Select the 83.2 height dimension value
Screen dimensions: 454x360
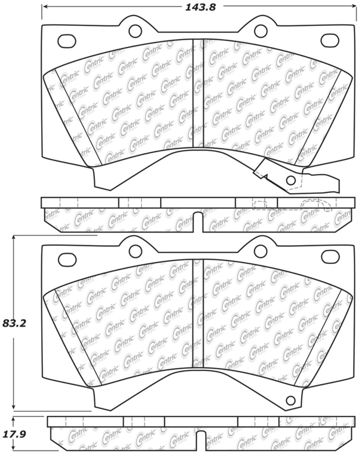[x=14, y=323]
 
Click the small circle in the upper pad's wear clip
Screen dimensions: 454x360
[x=291, y=181]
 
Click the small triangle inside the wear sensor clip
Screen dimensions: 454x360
[x=265, y=177]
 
